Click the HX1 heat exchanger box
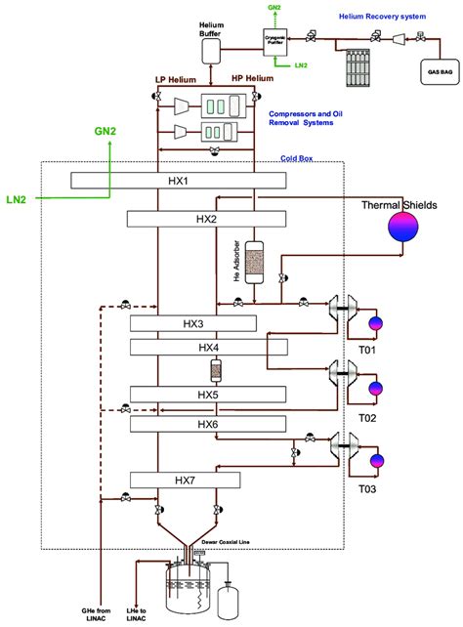click(178, 181)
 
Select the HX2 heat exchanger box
click(205, 219)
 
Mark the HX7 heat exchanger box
click(185, 480)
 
